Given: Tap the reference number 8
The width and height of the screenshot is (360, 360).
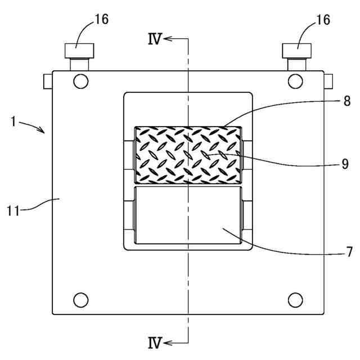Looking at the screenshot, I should (x=347, y=101).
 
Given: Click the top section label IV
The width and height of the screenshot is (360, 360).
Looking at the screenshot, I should (x=155, y=38).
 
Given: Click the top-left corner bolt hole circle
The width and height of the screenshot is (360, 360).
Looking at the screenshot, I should (x=81, y=81).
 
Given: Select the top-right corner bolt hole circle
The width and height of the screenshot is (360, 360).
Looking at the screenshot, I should (x=295, y=81).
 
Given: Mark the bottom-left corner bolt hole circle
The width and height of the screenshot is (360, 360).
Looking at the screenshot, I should (x=81, y=299).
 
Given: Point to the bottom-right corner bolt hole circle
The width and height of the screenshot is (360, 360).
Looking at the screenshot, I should (x=295, y=299).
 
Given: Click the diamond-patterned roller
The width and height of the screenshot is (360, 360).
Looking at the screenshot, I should (x=188, y=155).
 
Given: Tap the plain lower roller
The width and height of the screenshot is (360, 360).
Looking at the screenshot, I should (x=188, y=216).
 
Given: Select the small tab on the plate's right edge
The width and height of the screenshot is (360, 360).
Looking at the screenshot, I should (x=328, y=81).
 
